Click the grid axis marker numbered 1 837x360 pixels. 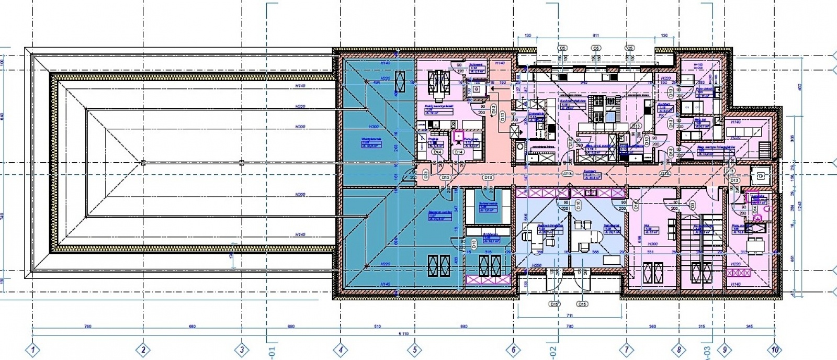pos(33,349)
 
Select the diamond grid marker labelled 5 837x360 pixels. pos(414,349)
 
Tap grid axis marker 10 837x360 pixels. pos(774,349)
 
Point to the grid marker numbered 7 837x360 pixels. pos(626,349)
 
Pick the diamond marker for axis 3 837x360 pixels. pos(241,349)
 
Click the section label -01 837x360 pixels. pos(271,350)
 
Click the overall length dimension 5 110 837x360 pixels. pos(403,333)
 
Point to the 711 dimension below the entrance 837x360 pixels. pos(569,315)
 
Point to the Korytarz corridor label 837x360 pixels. pos(590,171)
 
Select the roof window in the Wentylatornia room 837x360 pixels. pos(401,83)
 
